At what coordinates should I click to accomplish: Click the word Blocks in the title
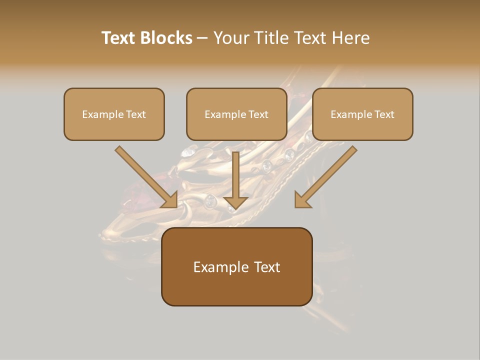pos(166,38)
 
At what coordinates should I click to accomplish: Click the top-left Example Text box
pos(114,114)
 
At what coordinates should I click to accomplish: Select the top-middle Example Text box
pos(236,114)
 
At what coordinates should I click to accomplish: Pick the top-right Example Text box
pos(362,114)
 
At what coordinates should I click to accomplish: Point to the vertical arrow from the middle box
pos(235,175)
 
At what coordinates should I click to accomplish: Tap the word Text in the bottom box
pos(267,267)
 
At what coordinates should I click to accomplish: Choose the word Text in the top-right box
pos(384,114)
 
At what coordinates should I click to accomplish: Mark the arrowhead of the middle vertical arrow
pos(235,202)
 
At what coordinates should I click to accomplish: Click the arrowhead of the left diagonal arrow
pos(170,200)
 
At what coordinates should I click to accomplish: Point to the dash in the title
pos(202,38)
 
